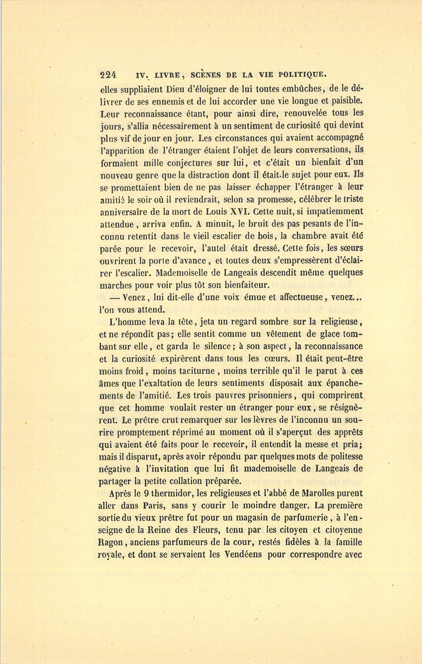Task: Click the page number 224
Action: [x=108, y=75]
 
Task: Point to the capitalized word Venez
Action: [x=137, y=297]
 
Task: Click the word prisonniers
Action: [x=267, y=395]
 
